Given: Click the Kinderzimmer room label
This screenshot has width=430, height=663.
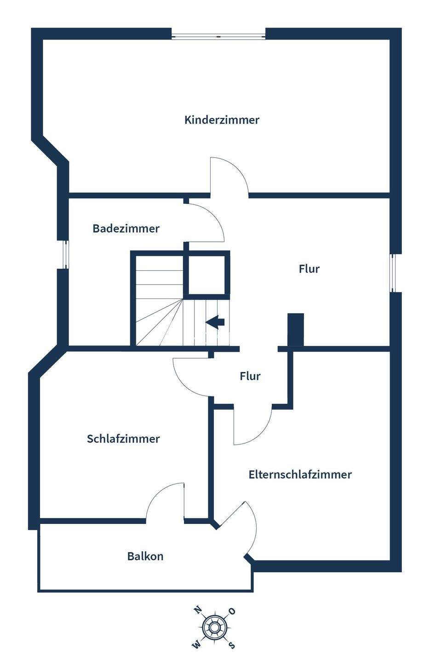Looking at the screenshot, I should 222,120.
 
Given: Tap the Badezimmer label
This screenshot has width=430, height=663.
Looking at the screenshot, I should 126,228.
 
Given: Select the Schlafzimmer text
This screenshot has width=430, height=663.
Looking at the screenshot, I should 123,439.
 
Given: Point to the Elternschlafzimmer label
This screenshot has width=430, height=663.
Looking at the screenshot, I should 300,475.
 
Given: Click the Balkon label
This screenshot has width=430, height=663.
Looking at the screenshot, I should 145,556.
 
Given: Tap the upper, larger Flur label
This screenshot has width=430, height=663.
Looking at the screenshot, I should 309,269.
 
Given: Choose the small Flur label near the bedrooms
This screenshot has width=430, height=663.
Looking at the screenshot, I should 250,376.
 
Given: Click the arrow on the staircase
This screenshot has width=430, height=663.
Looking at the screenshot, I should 215,322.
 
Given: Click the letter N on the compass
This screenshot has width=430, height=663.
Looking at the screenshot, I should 198,611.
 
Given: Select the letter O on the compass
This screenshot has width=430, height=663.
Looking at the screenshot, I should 232,611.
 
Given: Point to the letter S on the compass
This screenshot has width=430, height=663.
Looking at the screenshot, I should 232,645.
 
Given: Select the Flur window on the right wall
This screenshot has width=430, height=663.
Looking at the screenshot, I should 393,273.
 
